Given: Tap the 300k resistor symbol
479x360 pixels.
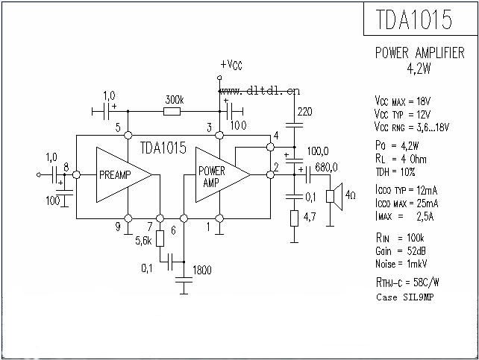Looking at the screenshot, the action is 172,112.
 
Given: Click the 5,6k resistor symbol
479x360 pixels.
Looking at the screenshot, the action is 160,239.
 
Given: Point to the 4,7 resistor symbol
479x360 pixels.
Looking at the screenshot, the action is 294,218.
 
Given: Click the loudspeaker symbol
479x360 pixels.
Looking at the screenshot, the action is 334,197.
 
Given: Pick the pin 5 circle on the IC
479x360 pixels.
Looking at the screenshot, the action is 128,135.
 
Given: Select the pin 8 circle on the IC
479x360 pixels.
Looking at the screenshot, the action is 76,175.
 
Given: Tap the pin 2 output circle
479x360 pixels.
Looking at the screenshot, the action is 270,175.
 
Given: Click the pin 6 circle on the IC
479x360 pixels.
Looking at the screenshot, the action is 184,218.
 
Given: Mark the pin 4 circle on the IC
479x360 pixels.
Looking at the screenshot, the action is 270,148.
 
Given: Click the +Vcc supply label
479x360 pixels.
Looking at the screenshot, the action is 231,65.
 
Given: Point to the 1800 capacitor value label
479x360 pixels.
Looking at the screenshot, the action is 202,270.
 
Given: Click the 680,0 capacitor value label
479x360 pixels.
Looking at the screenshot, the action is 326,167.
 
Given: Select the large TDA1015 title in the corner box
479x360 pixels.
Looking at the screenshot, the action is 413,19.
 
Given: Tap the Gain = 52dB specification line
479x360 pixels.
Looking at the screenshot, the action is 401,251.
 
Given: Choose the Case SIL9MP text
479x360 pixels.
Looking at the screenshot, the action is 405,297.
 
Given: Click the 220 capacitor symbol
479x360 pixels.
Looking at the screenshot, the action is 294,124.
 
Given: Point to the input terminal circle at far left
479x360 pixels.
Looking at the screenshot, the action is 38,175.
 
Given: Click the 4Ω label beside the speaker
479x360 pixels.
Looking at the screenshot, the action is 351,195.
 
